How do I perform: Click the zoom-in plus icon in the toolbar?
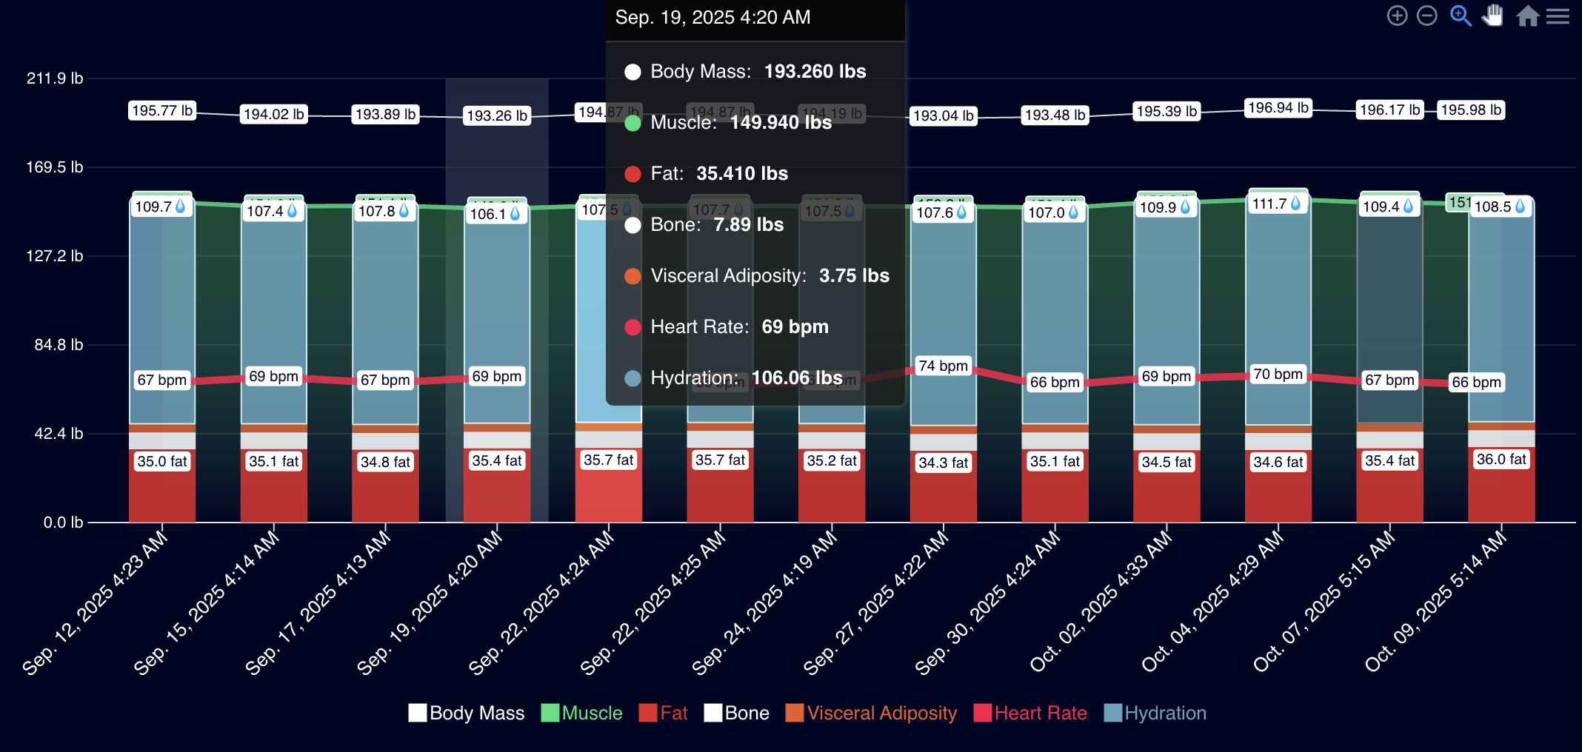(1397, 16)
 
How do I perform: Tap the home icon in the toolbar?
(1527, 16)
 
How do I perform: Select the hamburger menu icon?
(1558, 16)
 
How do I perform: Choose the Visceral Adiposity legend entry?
(872, 713)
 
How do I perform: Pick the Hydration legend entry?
(1155, 713)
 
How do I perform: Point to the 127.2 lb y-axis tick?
(55, 256)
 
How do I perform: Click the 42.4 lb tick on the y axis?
(59, 434)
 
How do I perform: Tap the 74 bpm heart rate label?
(943, 366)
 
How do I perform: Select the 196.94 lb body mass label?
(1278, 108)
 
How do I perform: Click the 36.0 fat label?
(1501, 460)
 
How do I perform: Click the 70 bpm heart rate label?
(1278, 375)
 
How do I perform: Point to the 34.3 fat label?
(943, 463)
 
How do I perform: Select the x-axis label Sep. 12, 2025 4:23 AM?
(95, 604)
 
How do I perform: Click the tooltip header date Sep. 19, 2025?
(712, 18)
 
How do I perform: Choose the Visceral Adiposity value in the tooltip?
(854, 276)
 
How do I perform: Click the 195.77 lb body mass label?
(162, 111)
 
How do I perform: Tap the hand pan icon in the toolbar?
(1492, 16)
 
